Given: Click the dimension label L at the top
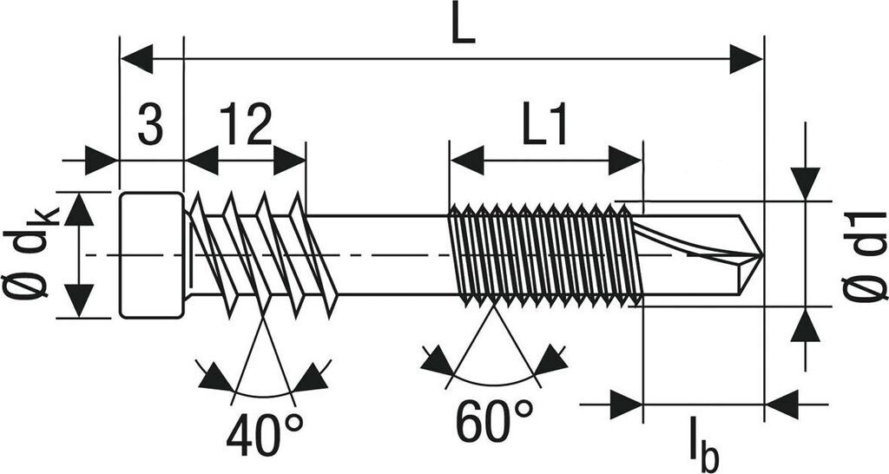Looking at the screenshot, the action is click(x=464, y=29).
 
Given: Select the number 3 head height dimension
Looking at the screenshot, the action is click(x=150, y=126).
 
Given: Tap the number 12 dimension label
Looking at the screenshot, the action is click(x=246, y=126).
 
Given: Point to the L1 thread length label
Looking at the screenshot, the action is click(x=545, y=127).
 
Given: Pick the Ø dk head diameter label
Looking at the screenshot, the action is click(x=33, y=255).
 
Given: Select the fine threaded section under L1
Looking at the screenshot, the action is click(x=543, y=254).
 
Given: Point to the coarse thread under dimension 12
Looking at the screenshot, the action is click(x=260, y=254).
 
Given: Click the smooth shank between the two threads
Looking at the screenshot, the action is click(x=391, y=254).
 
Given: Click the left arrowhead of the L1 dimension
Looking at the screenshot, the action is click(x=466, y=161).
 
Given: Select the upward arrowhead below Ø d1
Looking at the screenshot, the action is click(x=807, y=326).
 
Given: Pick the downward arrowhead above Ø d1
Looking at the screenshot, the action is click(x=807, y=181).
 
